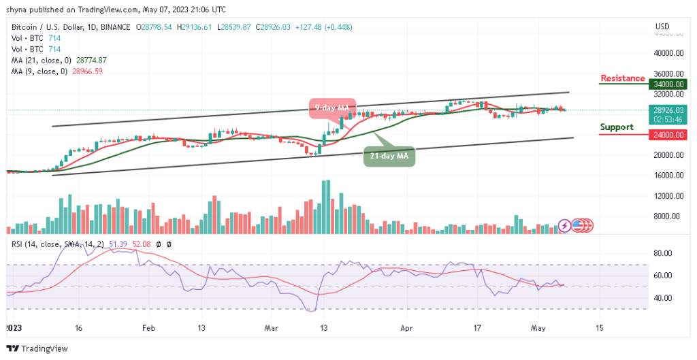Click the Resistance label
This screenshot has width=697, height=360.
point(622,78)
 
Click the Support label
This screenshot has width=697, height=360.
point(616,127)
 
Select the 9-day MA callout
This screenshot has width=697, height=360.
point(331,108)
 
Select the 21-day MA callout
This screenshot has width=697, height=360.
point(389,157)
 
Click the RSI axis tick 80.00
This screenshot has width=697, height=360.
point(663,252)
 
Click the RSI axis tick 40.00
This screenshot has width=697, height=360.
point(663,298)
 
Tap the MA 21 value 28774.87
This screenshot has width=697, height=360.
point(88,60)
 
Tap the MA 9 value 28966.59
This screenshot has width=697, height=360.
point(84,71)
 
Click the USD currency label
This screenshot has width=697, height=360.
point(662,27)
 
